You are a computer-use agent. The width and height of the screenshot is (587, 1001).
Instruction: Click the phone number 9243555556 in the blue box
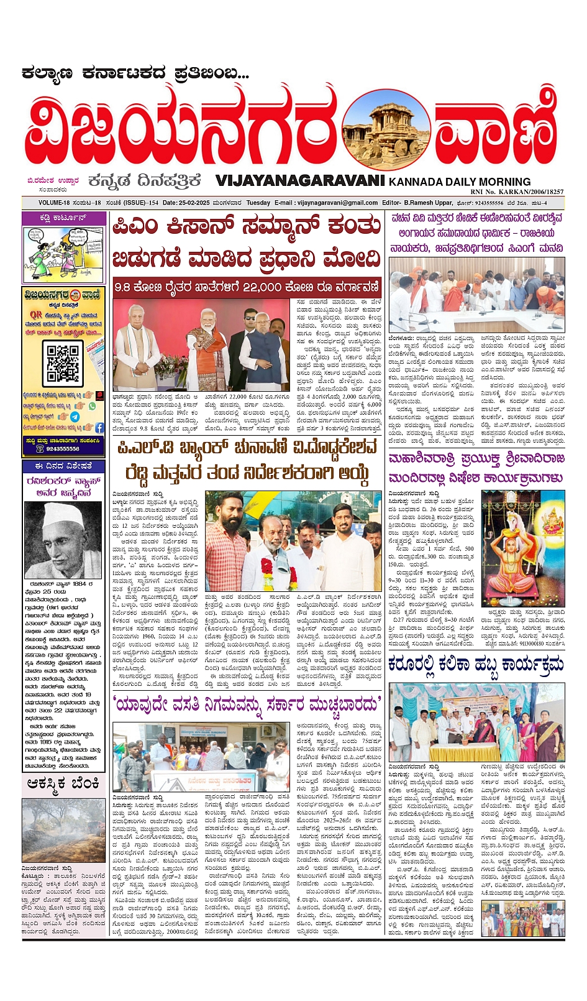coord(63,449)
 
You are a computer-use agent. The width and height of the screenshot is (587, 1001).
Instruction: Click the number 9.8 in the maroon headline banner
coord(124,287)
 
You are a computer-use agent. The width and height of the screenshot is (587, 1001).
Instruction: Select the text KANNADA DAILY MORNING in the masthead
coord(460,182)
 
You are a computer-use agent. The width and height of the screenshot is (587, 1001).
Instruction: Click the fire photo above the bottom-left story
coord(63,831)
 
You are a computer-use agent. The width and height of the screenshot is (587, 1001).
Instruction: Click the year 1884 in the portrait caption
coord(81,584)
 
